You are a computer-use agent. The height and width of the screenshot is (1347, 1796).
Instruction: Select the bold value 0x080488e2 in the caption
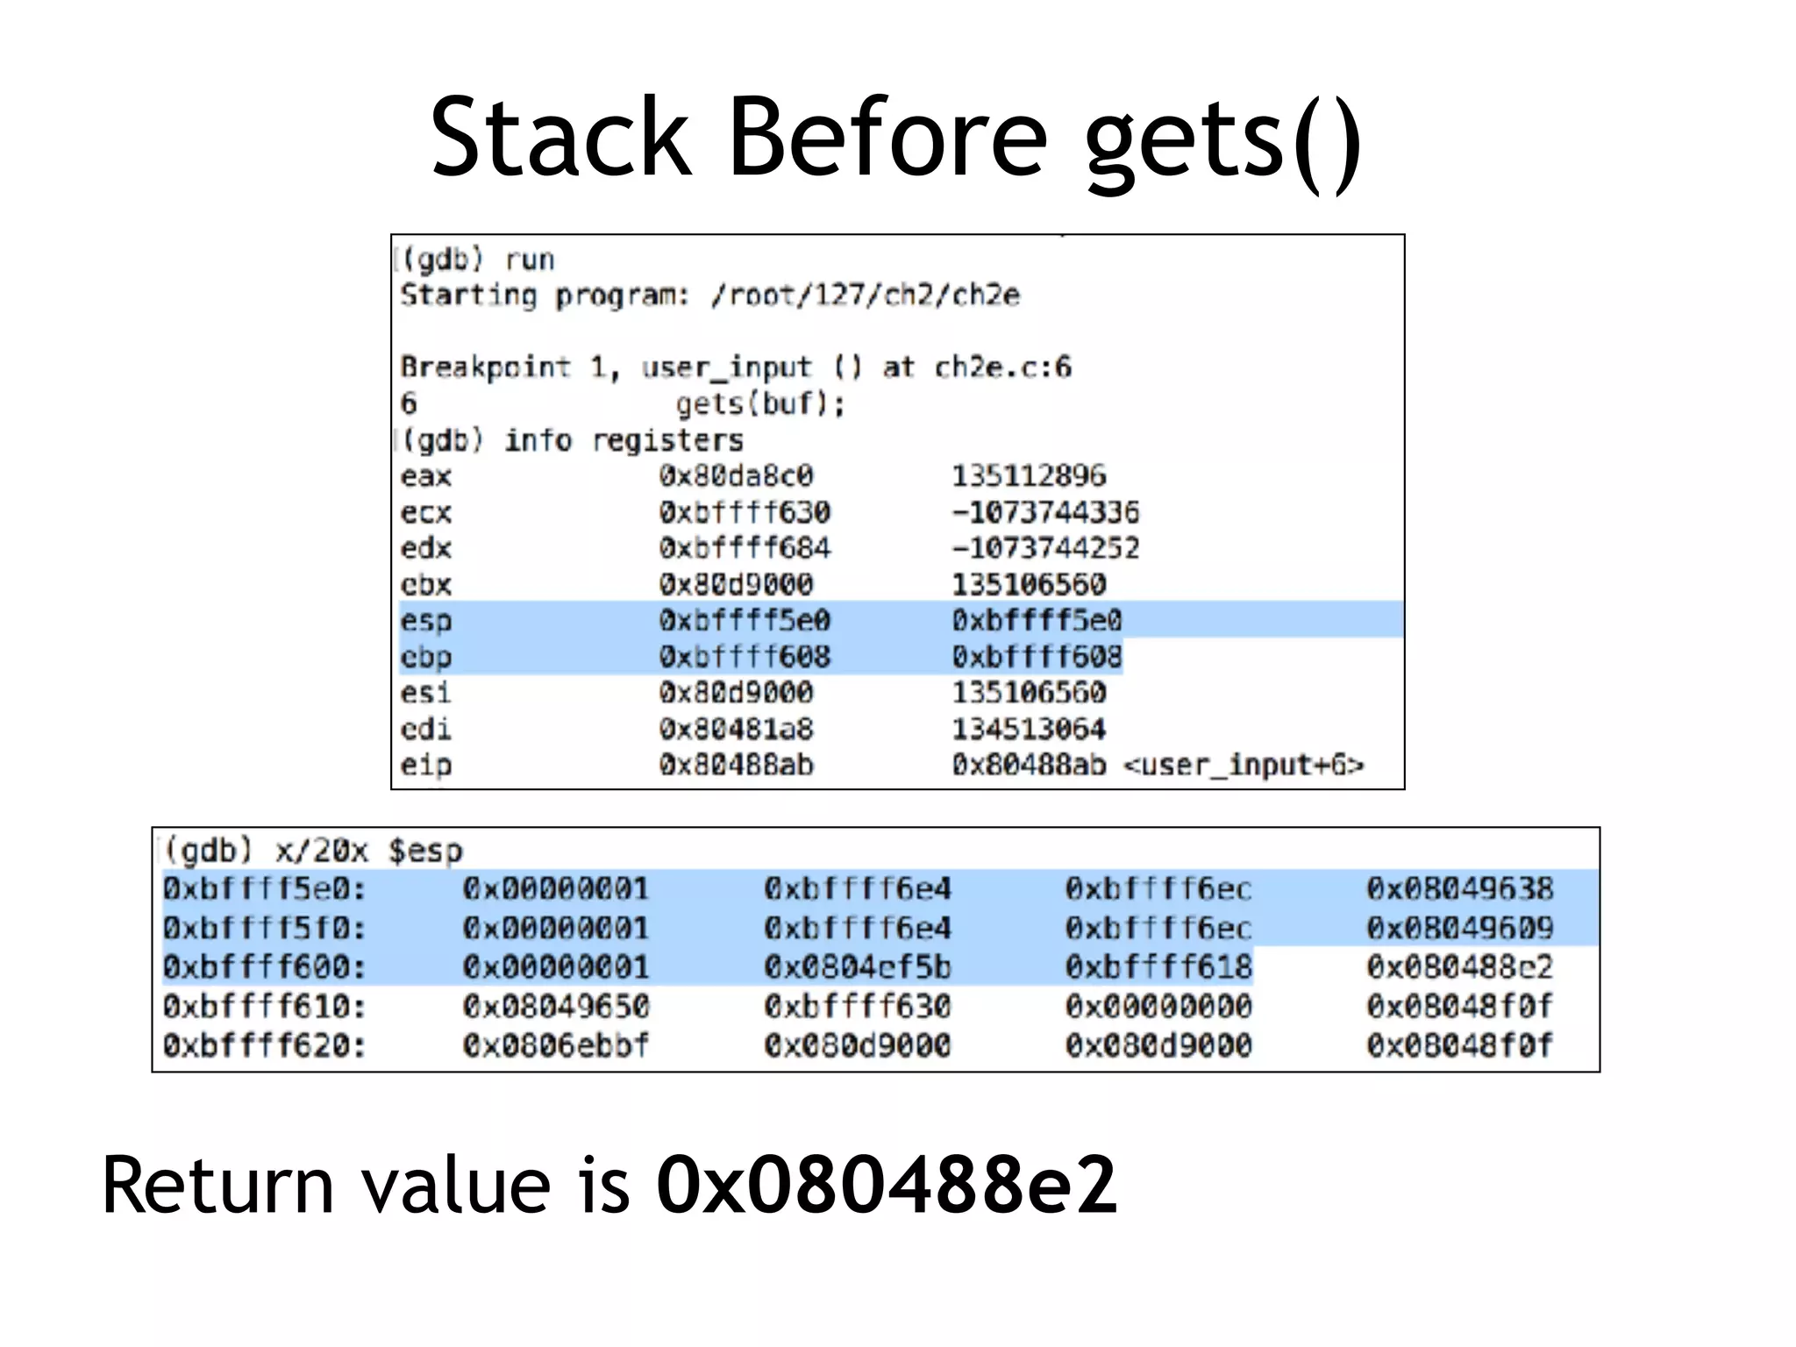pos(887,1186)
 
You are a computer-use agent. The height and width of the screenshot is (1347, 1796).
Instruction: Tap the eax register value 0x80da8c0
pos(736,476)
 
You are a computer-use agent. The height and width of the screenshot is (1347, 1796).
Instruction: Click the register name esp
pos(426,621)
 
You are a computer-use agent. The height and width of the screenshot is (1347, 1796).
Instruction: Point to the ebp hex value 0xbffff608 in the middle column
pos(745,657)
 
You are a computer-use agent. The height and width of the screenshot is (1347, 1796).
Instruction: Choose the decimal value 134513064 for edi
pos(1029,729)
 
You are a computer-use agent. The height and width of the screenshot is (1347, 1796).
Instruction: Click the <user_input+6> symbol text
pos(1244,766)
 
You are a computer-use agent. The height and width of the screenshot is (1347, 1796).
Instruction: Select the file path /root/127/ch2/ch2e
pos(866,296)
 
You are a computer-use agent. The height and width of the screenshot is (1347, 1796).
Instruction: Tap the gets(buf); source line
pos(759,404)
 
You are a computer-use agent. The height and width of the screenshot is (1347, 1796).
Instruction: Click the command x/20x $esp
pos(368,851)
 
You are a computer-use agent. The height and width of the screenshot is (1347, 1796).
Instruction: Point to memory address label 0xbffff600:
pos(264,967)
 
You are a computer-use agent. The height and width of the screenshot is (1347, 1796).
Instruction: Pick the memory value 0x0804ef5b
pos(857,967)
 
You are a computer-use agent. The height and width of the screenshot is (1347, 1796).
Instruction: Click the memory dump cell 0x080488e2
pos(1459,967)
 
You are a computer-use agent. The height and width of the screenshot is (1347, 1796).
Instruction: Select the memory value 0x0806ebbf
pos(556,1045)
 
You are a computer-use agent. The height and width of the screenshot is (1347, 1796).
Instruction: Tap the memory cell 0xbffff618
pos(1158,967)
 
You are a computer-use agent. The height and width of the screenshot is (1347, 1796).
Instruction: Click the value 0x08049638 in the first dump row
pos(1459,889)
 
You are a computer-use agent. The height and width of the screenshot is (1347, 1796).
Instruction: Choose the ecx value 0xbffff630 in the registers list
pos(745,512)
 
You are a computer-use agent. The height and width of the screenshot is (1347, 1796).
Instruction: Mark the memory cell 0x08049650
pos(556,1007)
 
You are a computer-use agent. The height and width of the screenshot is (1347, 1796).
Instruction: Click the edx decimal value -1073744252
pos(1045,548)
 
